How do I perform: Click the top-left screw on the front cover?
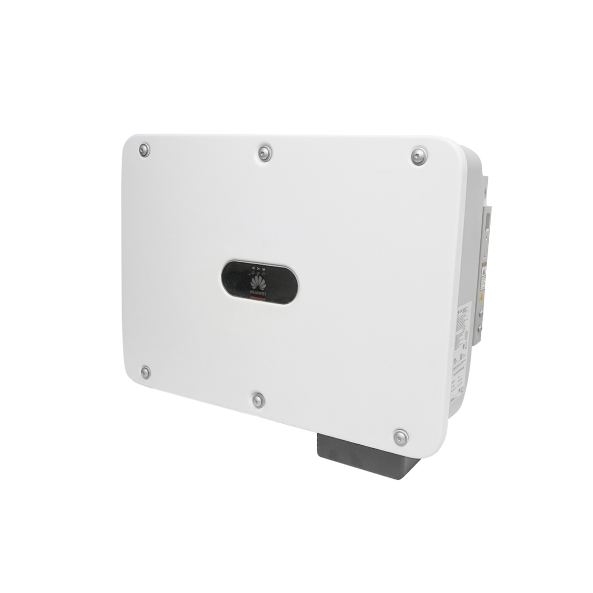coord(144,150)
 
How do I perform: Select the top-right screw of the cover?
coord(419,156)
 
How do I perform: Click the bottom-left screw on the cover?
coord(145,372)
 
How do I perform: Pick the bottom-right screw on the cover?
coord(400,436)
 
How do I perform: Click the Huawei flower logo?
coord(258,283)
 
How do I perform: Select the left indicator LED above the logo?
coord(253,273)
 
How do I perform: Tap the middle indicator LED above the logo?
coord(258,273)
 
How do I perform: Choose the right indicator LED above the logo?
coord(263,273)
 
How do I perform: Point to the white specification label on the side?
coord(462,356)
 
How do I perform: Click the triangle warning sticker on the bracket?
coord(483,274)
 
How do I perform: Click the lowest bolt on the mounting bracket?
coord(478,327)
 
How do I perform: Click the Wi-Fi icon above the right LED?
coord(264,268)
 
